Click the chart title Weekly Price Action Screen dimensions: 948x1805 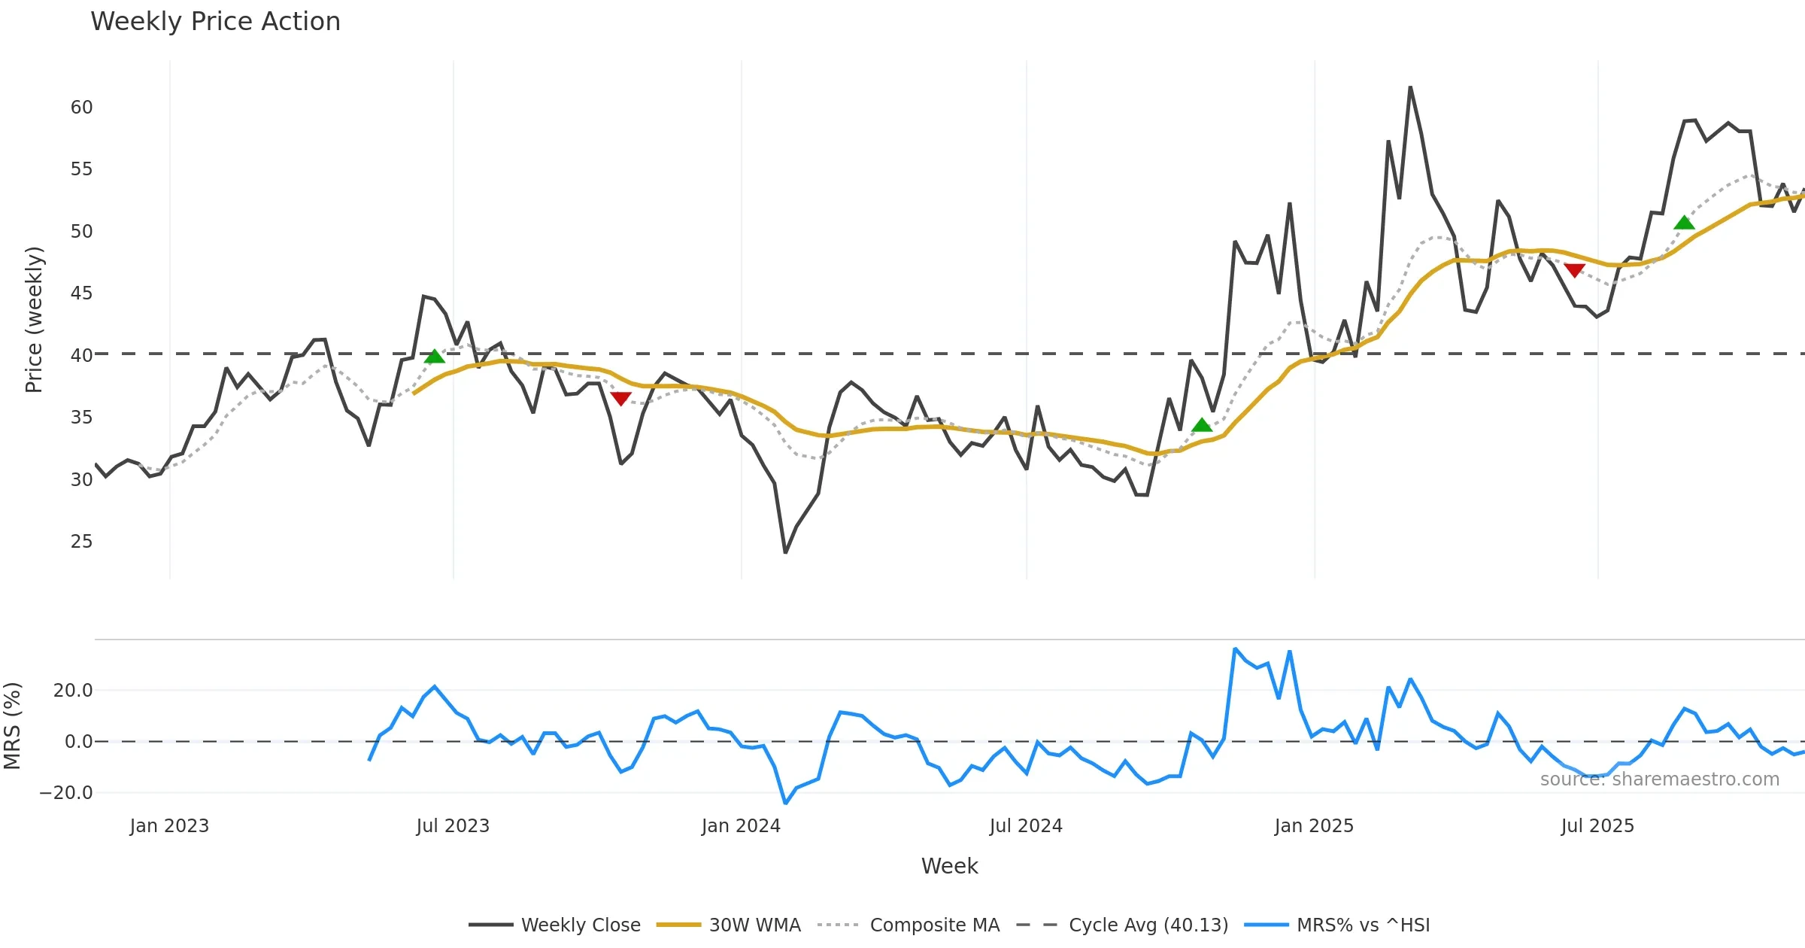215,22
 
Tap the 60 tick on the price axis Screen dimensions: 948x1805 81,108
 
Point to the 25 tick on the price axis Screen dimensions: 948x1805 81,542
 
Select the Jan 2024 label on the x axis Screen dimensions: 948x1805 741,826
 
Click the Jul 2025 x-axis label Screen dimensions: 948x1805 1597,826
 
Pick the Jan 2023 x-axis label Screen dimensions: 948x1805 169,826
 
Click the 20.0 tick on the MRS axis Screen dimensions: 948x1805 73,691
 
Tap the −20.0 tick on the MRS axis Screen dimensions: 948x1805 66,793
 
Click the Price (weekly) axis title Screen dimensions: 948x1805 34,320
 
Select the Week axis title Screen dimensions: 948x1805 949,867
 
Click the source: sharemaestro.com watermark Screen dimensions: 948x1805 1659,779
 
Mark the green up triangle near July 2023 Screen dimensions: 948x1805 435,357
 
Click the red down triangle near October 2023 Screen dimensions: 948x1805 620,398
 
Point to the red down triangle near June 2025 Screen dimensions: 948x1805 1574,270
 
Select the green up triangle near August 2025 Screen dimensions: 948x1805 1684,223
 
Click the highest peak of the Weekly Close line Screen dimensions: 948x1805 1410,87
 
